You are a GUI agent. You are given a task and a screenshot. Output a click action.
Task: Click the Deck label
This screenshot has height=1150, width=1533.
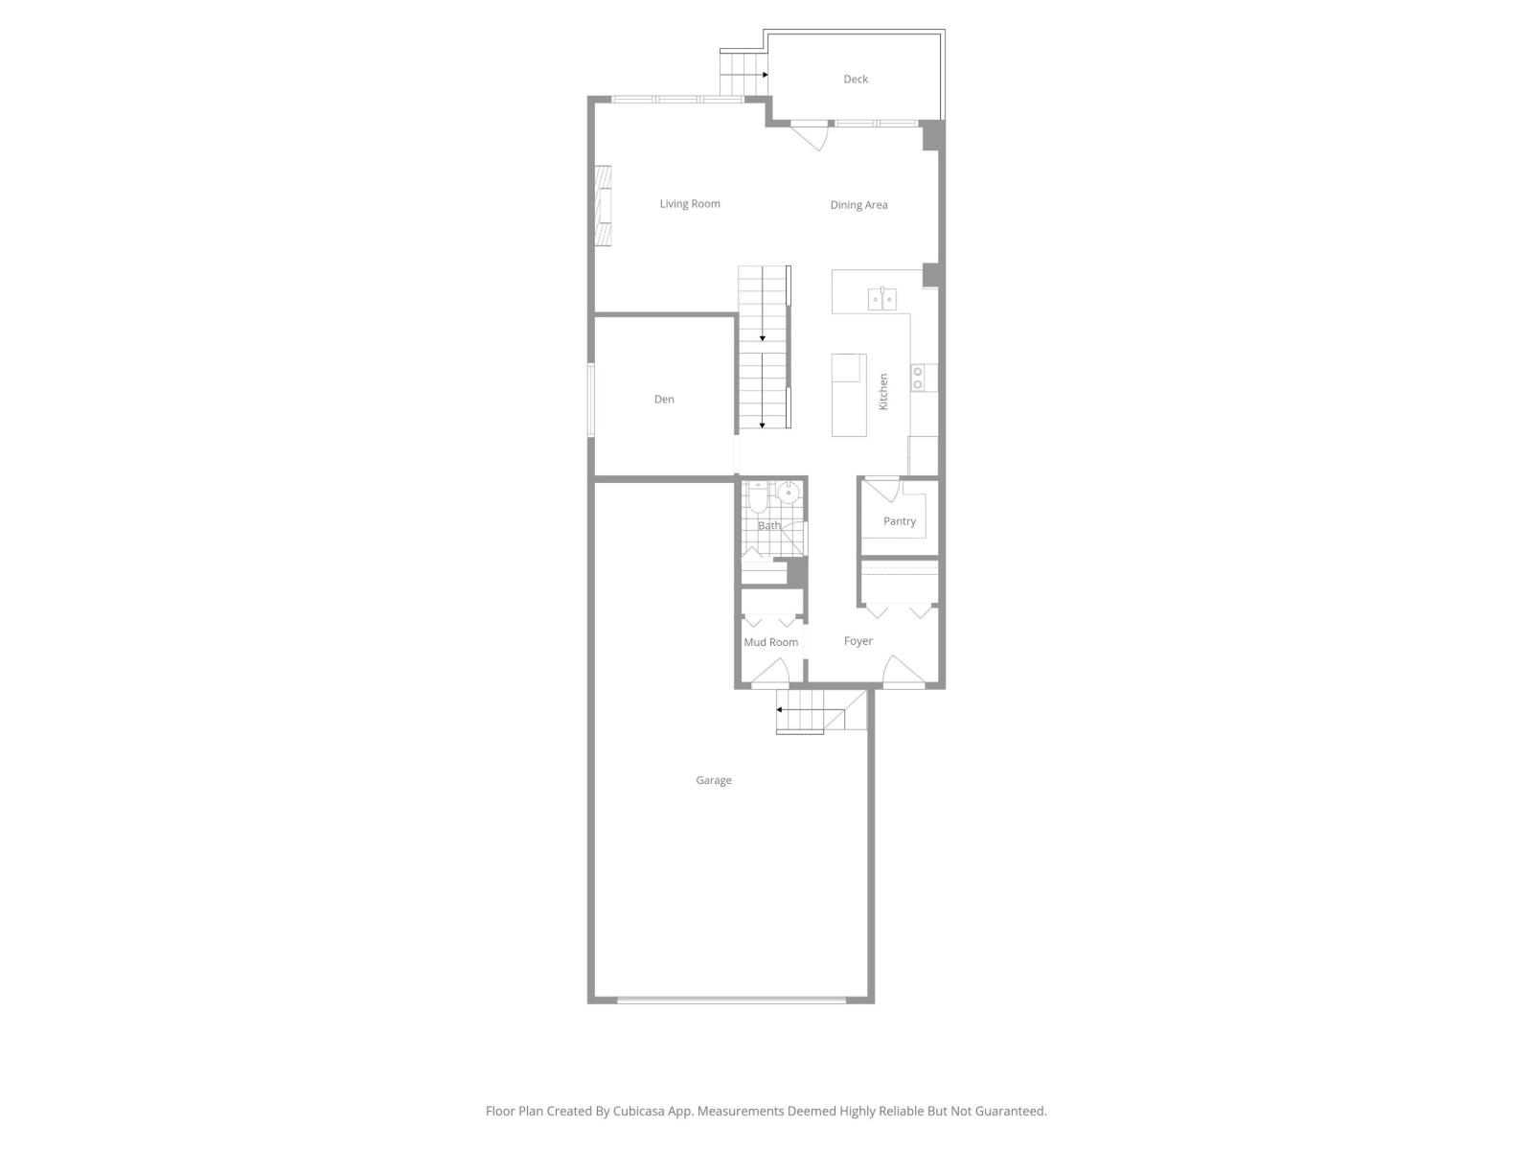pos(856,80)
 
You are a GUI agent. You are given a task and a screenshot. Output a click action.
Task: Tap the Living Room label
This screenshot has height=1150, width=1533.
pos(690,204)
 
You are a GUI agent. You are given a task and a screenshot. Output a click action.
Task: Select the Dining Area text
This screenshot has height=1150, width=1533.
pos(858,205)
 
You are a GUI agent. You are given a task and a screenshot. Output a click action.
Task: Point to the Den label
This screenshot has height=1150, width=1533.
pos(664,400)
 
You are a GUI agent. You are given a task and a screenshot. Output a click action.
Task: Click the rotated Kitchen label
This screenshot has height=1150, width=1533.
pos(883,392)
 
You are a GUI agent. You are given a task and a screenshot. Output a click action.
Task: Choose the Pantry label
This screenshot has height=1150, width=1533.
pos(900,521)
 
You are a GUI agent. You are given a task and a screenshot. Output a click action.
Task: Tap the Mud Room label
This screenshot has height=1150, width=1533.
pos(771,642)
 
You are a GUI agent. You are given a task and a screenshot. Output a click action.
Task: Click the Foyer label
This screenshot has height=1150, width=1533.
pos(858,641)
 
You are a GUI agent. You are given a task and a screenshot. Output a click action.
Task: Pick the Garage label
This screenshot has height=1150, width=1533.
pos(714,780)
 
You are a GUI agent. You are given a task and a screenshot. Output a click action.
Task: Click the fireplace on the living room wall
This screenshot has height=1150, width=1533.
pos(603,207)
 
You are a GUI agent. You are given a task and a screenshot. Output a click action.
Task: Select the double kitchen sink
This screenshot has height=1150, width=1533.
pos(882,300)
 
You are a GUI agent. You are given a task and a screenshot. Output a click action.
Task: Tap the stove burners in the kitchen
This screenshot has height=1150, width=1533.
pos(918,378)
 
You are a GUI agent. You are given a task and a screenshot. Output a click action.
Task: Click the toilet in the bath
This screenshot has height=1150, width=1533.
pos(758,497)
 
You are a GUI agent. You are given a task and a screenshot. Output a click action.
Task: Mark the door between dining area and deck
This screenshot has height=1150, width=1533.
pos(810,135)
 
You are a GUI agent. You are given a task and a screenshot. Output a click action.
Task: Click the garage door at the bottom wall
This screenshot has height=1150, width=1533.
pos(732,1000)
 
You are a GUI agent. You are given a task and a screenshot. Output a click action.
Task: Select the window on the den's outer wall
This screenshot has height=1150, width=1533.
pos(591,400)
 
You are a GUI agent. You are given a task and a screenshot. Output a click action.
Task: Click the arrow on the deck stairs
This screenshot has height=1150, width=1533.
pos(765,74)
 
